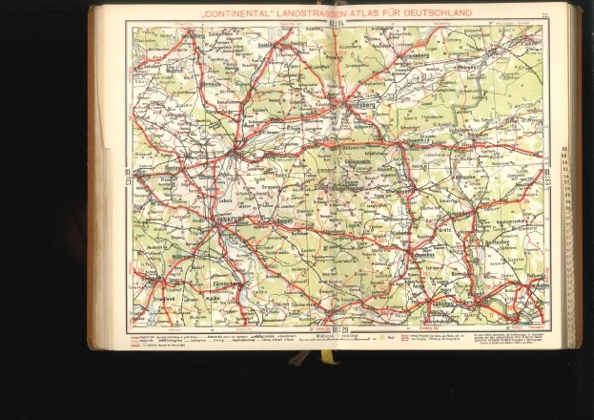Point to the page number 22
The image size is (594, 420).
coord(543,14)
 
